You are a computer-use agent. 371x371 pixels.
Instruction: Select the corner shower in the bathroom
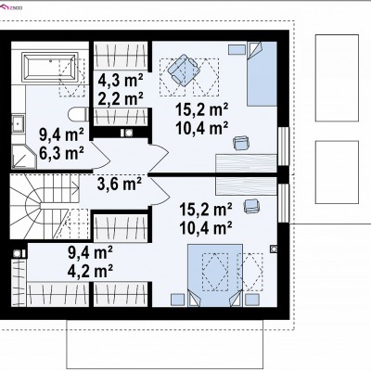click(x=24, y=157)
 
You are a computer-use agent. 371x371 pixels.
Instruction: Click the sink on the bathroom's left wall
click(x=19, y=123)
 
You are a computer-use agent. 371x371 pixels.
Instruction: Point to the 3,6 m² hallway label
click(x=120, y=185)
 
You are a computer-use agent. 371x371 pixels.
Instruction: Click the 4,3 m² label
click(x=121, y=81)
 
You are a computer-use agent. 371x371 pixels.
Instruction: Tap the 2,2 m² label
click(x=121, y=98)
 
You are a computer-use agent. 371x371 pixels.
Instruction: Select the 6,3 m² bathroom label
click(x=61, y=152)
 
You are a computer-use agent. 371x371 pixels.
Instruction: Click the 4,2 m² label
click(x=90, y=271)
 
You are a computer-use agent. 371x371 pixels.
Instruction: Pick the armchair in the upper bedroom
click(x=184, y=70)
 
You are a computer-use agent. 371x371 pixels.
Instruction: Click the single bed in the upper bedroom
click(x=262, y=74)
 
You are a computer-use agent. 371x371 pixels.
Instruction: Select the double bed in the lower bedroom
click(x=215, y=275)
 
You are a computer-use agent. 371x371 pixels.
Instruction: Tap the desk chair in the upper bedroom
click(x=241, y=143)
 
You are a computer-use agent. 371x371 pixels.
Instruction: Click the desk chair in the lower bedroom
click(x=252, y=206)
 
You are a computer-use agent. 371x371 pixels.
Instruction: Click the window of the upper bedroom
click(x=283, y=147)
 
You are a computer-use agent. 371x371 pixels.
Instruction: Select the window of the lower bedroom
click(x=283, y=203)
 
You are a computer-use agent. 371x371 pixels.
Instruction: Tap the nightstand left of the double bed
click(x=178, y=300)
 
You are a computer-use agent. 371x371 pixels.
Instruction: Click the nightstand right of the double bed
click(x=252, y=300)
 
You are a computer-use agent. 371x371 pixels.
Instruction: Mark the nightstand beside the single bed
click(x=237, y=49)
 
